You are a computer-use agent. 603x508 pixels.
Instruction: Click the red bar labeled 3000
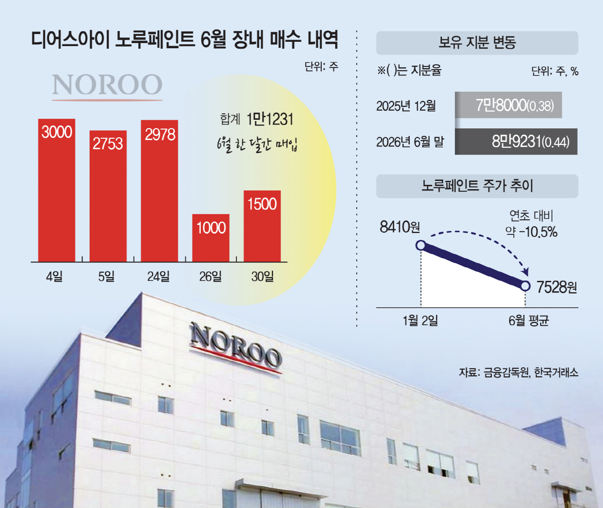[56, 190]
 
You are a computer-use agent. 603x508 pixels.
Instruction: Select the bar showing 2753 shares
[108, 196]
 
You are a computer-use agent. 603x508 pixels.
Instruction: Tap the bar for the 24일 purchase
[159, 191]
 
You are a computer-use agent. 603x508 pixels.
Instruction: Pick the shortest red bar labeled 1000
[211, 238]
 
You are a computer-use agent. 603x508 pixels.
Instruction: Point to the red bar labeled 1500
[262, 226]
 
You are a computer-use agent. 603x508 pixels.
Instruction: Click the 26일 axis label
[210, 277]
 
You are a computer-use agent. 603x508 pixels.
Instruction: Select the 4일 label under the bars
[54, 277]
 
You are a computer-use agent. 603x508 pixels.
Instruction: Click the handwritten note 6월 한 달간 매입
[257, 144]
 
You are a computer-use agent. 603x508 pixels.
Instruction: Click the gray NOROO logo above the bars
[107, 86]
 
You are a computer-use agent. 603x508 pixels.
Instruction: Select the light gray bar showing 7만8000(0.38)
[508, 105]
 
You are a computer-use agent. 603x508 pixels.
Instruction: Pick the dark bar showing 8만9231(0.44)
[516, 142]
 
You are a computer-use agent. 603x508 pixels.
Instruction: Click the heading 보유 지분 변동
[477, 43]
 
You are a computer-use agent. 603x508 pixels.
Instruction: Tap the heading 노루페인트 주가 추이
[477, 186]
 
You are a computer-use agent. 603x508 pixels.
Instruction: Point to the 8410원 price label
[400, 227]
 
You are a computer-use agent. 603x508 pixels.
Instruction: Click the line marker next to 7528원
[525, 286]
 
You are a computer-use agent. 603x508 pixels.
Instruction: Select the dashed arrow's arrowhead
[526, 271]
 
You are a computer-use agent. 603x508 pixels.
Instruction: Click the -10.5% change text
[538, 232]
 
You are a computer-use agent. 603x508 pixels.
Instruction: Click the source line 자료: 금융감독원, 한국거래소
[519, 372]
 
